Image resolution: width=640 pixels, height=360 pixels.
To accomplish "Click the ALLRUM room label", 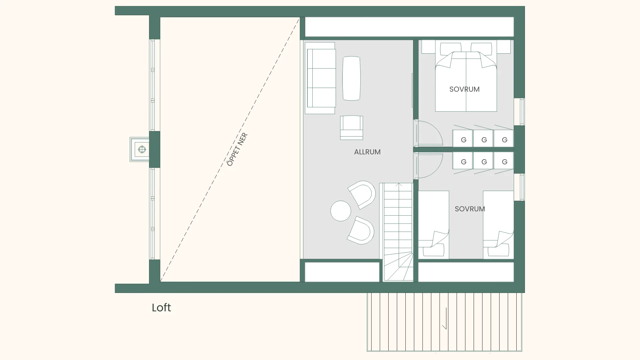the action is (x=367, y=152).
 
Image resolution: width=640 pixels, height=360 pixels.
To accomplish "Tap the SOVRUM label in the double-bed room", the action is (x=464, y=89).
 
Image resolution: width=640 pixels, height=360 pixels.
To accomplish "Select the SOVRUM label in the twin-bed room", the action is (x=470, y=209).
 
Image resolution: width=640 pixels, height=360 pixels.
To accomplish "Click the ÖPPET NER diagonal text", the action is (x=237, y=149).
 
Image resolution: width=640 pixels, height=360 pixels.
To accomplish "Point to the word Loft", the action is (x=161, y=307).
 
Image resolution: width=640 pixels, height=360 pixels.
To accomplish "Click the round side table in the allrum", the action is (x=341, y=211).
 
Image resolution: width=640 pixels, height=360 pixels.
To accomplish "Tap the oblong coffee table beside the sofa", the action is (x=351, y=78).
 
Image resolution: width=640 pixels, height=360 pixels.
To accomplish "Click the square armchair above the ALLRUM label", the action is (x=351, y=128).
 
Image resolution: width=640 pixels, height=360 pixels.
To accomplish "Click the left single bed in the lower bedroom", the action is (x=433, y=224).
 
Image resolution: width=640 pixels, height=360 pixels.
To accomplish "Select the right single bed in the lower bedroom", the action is (x=498, y=224).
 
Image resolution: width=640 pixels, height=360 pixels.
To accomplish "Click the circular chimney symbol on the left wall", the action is (x=142, y=149).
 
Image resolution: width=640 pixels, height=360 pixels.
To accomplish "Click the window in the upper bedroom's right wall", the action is (x=520, y=112).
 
